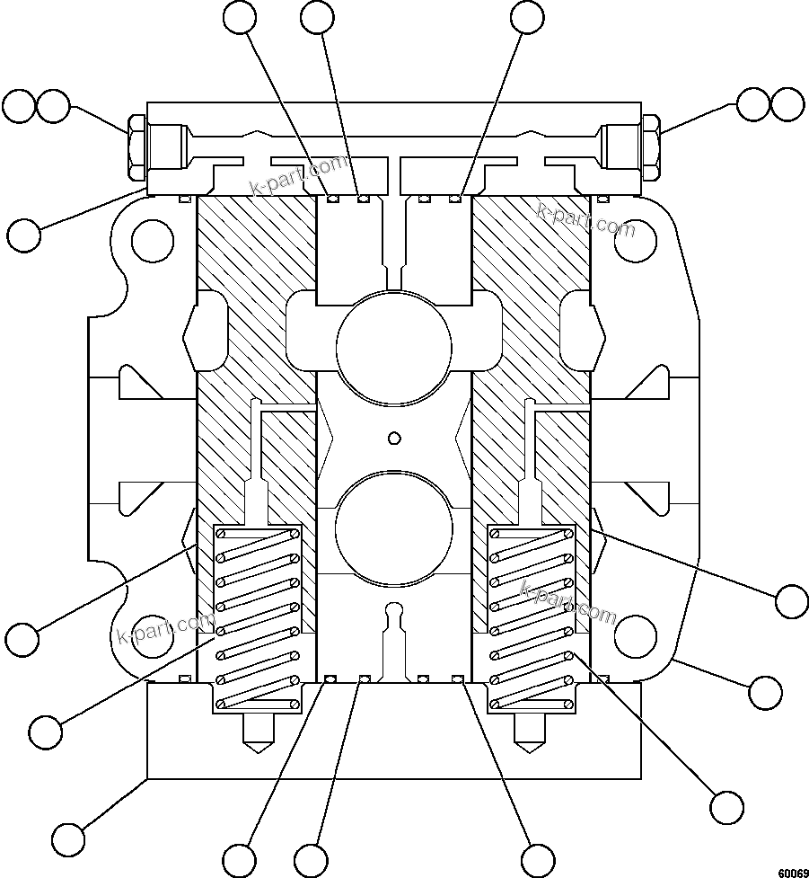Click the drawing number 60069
pos(793,871)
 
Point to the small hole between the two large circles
pos(392,438)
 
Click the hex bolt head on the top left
pos(137,146)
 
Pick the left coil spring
pos(257,617)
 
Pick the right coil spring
pos(530,617)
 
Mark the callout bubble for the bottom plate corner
pos(68,838)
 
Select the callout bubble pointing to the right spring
pos(726,805)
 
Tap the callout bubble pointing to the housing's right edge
pos(765,692)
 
